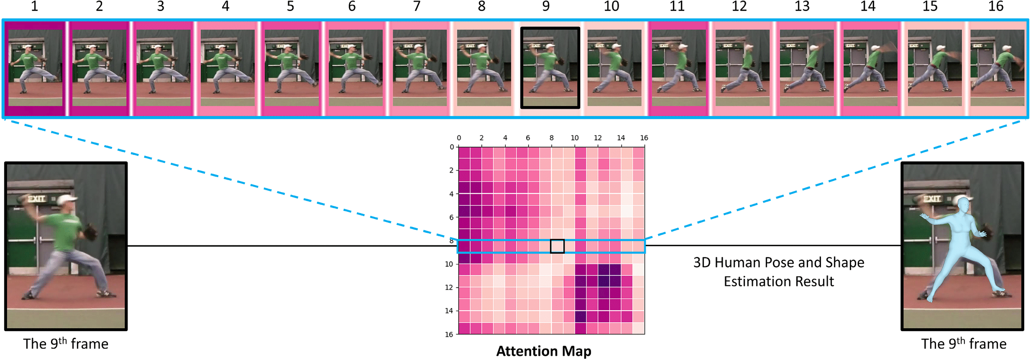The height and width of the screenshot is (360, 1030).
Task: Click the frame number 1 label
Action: click(x=35, y=6)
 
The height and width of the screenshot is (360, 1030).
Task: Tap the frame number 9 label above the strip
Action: click(x=546, y=6)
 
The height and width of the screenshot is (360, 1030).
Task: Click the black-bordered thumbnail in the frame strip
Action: click(x=550, y=68)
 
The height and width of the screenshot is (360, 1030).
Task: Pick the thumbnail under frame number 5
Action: click(x=291, y=68)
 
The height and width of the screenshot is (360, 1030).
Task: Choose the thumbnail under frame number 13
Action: click(x=806, y=68)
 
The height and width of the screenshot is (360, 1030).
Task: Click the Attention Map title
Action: click(x=543, y=351)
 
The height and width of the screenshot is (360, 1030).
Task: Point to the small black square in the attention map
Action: click(x=557, y=246)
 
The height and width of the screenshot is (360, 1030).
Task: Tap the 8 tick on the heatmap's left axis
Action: click(x=452, y=241)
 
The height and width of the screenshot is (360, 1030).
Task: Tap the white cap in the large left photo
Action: click(x=66, y=200)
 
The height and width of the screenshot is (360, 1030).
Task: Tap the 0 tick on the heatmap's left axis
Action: click(x=452, y=147)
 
